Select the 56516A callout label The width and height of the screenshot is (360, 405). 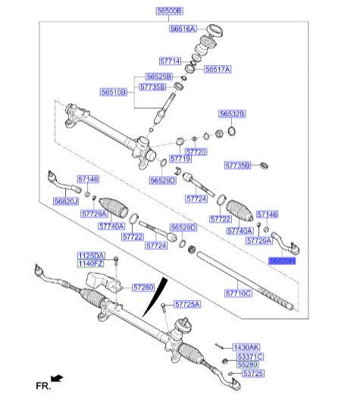click(183, 29)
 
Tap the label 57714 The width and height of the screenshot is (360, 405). click(170, 61)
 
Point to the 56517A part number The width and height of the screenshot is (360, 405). click(217, 69)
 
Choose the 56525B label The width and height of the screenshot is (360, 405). click(159, 77)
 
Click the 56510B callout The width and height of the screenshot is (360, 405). click(114, 92)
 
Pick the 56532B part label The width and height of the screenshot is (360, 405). click(232, 114)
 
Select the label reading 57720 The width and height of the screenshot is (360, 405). click(196, 151)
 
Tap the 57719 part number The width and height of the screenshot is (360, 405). click(180, 159)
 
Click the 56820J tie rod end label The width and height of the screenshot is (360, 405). click(67, 201)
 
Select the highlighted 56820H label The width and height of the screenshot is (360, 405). click(282, 260)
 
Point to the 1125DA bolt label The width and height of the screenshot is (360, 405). click(90, 255)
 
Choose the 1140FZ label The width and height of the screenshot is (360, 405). click(90, 264)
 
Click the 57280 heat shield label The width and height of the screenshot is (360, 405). click(142, 288)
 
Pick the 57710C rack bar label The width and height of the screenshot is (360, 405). click(237, 291)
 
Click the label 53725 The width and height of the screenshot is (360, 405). click(252, 374)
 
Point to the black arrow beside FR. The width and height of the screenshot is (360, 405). click(56, 378)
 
